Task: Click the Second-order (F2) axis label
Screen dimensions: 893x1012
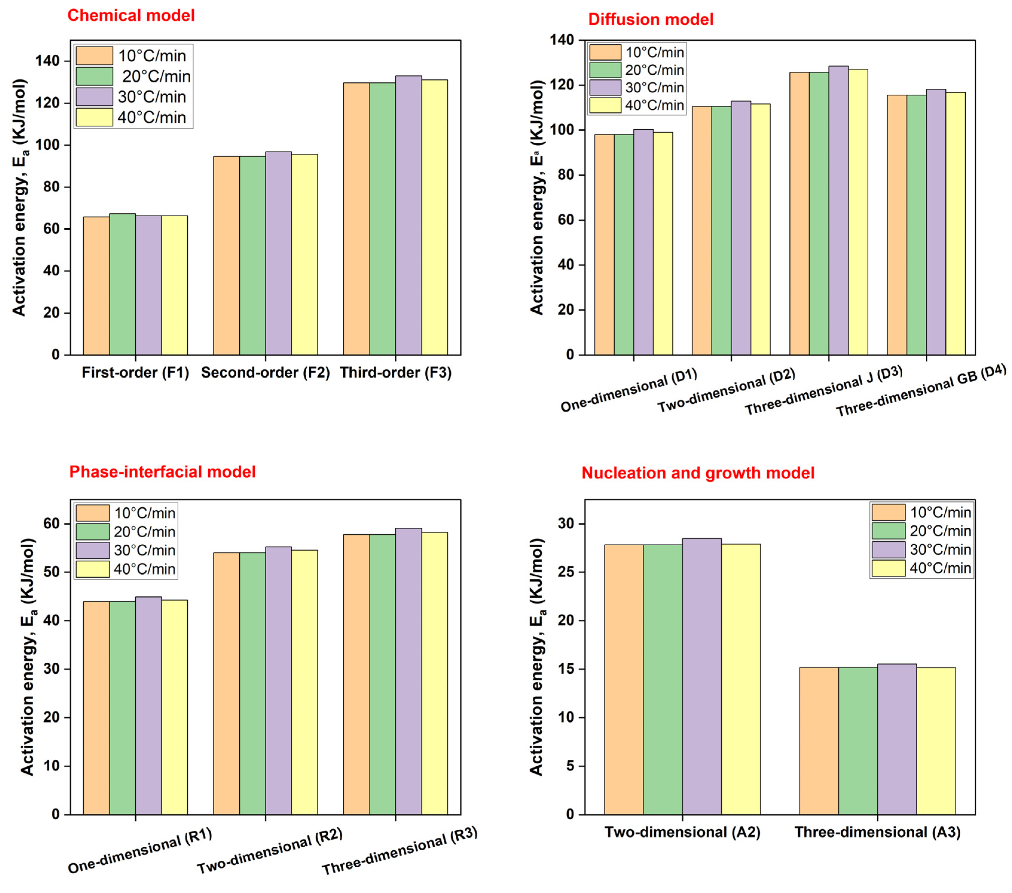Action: tap(265, 373)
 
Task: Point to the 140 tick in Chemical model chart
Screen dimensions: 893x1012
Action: tap(48, 61)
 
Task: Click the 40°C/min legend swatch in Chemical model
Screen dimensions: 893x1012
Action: tap(94, 117)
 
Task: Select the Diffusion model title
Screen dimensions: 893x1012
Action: tap(650, 19)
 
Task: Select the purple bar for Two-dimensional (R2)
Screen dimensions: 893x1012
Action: tap(278, 681)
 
